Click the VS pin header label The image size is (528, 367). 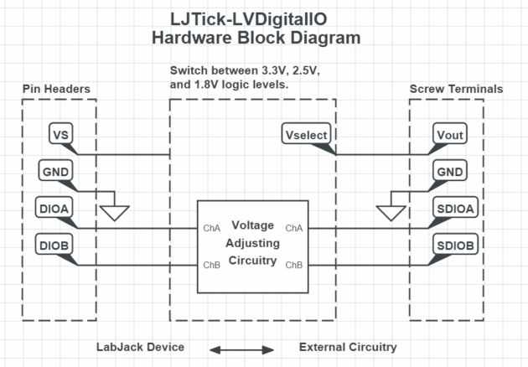pos(60,135)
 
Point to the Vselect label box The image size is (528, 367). pos(307,135)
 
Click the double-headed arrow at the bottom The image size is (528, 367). pos(242,348)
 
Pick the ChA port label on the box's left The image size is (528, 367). pos(211,228)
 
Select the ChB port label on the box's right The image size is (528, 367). pos(293,265)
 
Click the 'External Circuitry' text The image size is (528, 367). pos(348,347)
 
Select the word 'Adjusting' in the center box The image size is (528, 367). pos(252,243)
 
